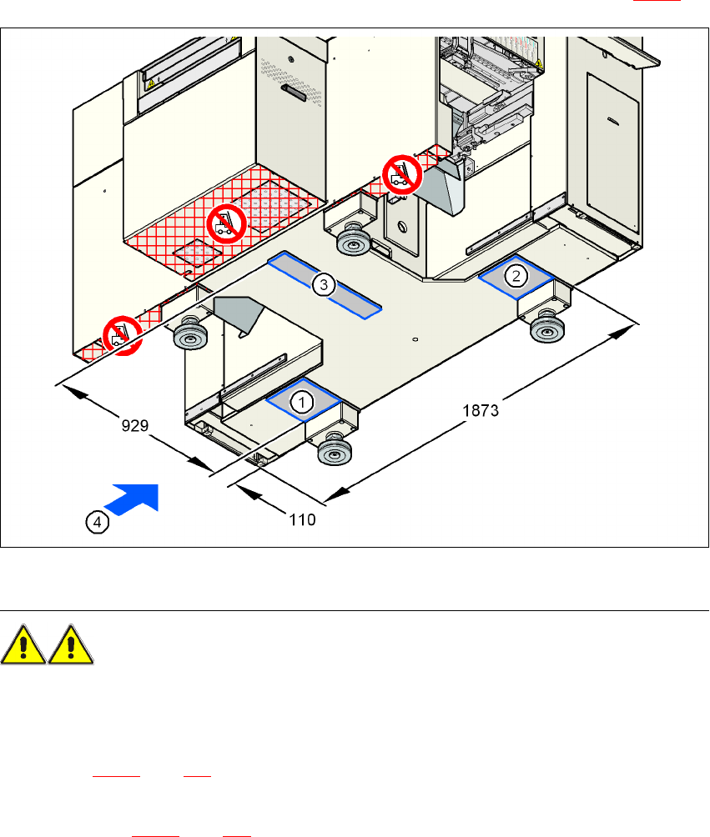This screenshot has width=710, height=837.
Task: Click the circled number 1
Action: coord(301,401)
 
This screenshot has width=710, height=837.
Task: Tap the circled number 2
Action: coord(517,274)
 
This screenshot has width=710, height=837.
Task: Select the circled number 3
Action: coord(324,285)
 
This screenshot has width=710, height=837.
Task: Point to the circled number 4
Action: coord(98,522)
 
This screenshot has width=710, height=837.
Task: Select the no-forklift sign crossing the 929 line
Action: coord(120,337)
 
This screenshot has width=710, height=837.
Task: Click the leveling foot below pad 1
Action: coord(333,454)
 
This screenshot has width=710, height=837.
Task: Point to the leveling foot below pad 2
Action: coord(546,328)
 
